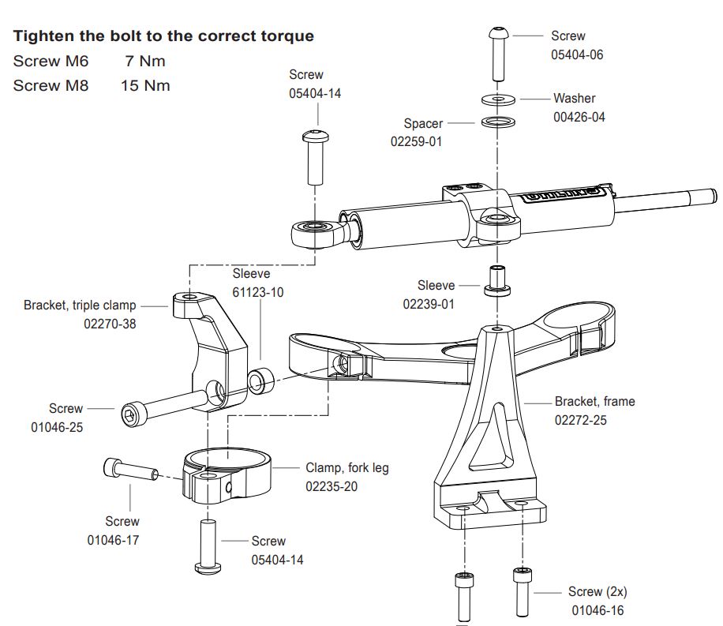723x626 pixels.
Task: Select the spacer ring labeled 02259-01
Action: click(496, 122)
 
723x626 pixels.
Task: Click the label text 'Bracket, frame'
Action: click(594, 401)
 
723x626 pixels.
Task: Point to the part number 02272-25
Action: click(580, 420)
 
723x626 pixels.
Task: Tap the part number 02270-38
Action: click(110, 323)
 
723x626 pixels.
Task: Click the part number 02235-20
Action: click(332, 486)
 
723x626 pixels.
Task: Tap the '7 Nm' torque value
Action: click(145, 62)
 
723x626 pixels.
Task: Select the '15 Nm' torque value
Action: click(145, 85)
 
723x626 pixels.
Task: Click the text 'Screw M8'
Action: click(51, 85)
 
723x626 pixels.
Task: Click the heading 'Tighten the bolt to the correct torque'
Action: click(164, 36)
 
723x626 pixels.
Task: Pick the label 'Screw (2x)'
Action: click(598, 591)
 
